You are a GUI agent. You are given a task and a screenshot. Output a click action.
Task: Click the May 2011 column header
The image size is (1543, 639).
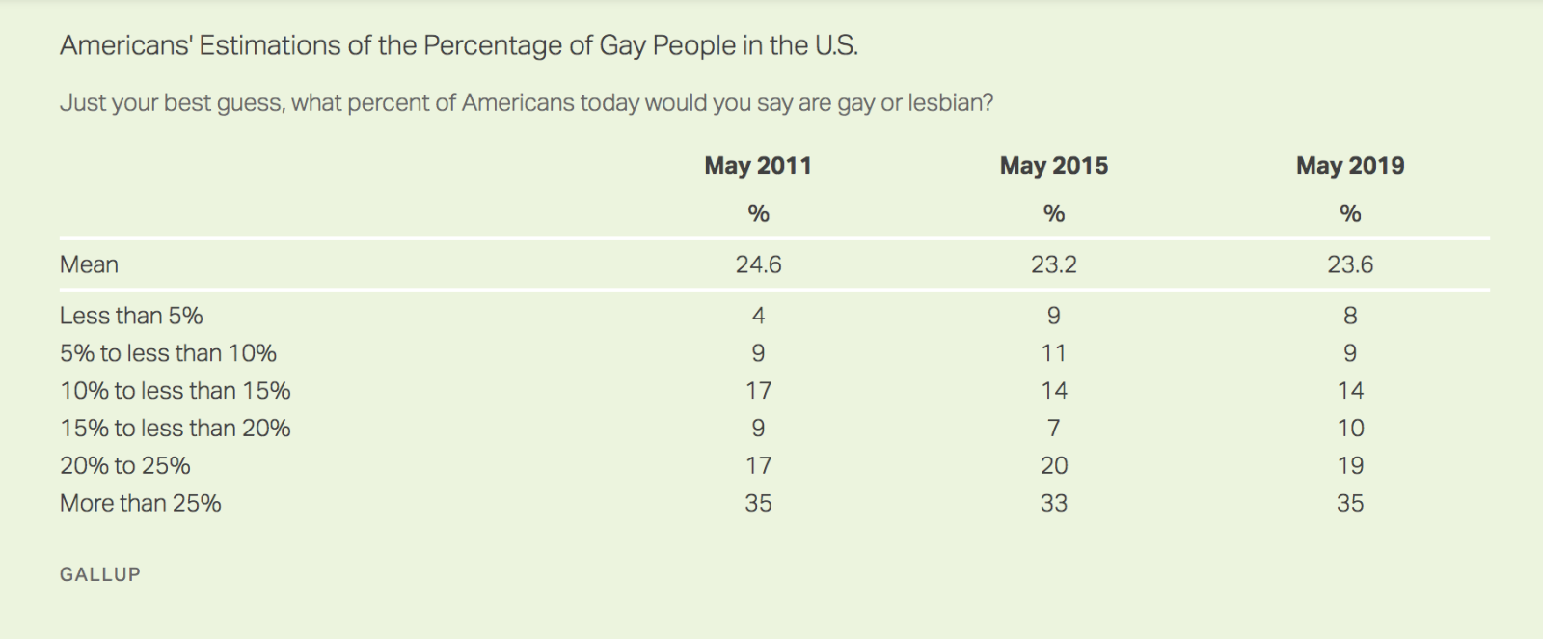[x=758, y=166]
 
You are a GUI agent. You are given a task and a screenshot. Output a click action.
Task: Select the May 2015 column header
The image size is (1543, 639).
[x=1054, y=166]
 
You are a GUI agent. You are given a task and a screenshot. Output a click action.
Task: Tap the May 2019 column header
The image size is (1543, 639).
[x=1350, y=166]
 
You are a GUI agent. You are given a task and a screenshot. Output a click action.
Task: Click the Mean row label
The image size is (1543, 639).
[x=89, y=264]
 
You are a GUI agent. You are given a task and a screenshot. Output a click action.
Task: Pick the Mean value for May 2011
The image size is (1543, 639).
[x=758, y=264]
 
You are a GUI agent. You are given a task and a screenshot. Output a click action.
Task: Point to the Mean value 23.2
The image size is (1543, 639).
[x=1054, y=264]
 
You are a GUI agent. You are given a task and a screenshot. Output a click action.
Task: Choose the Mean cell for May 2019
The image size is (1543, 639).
[x=1350, y=264]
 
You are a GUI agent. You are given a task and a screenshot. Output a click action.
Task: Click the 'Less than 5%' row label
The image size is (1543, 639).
[x=131, y=316]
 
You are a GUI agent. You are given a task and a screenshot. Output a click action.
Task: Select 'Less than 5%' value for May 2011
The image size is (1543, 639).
[x=758, y=316]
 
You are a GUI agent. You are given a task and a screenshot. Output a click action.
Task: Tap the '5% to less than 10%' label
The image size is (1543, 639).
[x=168, y=353]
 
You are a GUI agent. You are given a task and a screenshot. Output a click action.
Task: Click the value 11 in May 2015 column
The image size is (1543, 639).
[x=1054, y=353]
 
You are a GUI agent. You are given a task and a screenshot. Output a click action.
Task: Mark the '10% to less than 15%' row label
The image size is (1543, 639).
[x=175, y=391]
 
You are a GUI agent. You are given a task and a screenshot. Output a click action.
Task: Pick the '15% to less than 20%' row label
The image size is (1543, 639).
[x=175, y=429]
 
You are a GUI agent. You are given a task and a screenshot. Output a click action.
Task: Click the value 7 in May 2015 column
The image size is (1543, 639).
[x=1054, y=429]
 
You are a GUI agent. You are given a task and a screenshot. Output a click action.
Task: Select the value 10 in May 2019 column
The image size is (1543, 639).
[x=1350, y=429]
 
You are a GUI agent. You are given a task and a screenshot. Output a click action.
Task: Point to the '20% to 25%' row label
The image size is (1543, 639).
[x=125, y=466]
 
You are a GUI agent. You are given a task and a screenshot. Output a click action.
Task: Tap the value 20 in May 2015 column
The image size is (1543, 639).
[x=1054, y=466]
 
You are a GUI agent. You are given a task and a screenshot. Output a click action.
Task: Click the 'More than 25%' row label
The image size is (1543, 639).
[x=141, y=504]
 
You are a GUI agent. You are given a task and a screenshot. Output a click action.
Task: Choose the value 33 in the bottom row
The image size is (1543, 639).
[x=1054, y=504]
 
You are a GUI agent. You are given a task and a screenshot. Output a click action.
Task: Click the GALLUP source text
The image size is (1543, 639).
[x=100, y=574]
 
